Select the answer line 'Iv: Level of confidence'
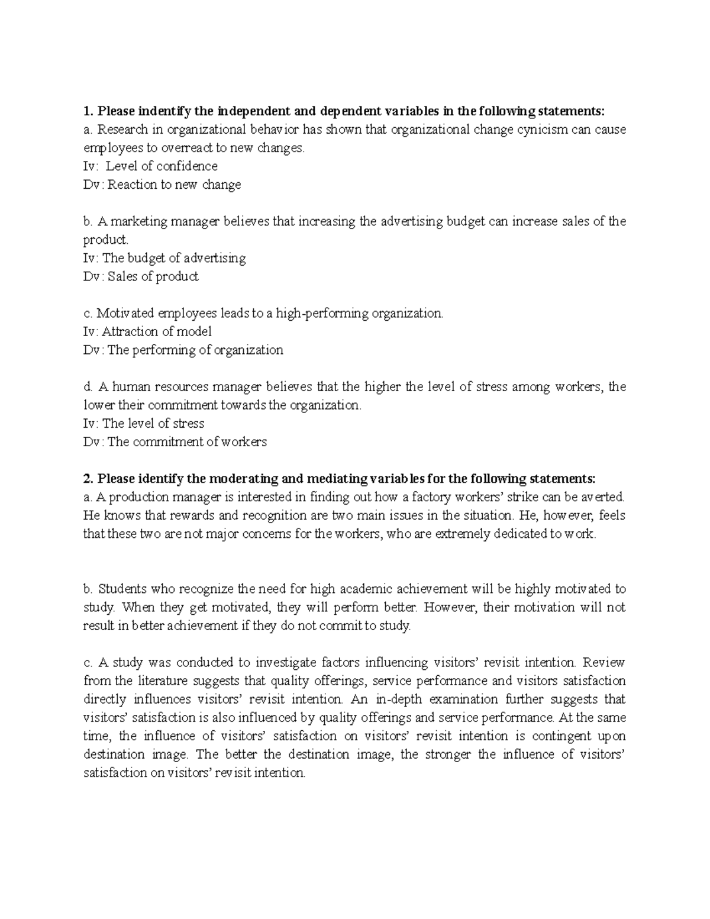coord(151,166)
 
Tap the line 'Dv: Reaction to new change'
coord(162,184)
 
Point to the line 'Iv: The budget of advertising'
coord(164,258)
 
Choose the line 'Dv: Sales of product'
coord(141,276)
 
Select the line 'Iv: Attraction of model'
coord(147,331)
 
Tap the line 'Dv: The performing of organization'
coord(183,350)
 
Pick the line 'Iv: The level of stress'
coord(144,423)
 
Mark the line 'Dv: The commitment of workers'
coord(175,441)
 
